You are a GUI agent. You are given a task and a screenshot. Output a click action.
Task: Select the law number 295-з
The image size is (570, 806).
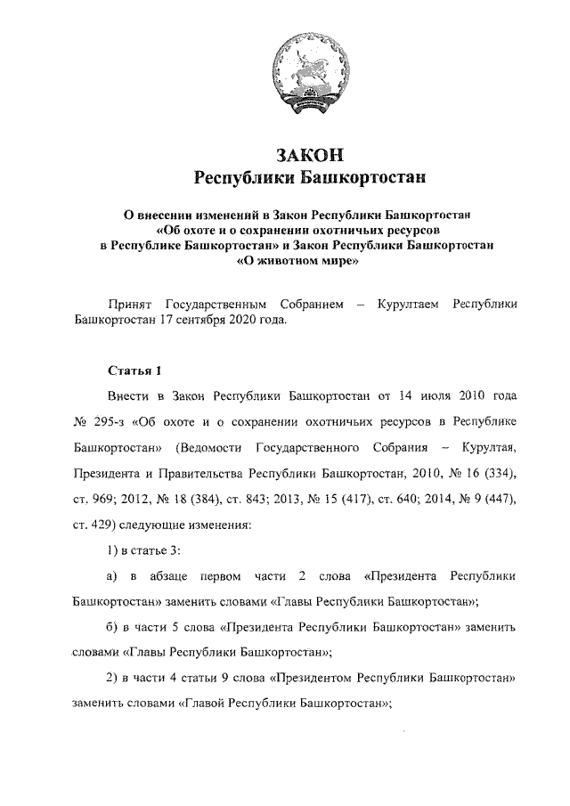112,419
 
